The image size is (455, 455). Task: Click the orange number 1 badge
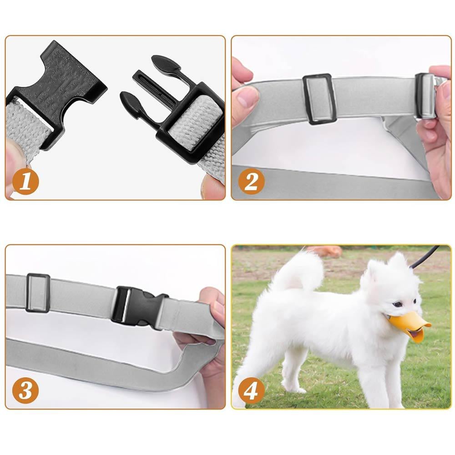tap(25, 182)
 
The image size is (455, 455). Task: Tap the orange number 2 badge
tap(251, 182)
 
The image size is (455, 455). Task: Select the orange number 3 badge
tap(25, 390)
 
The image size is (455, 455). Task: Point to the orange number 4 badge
tap(251, 390)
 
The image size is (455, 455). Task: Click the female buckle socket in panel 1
tap(58, 87)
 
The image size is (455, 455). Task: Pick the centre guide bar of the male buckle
tap(155, 87)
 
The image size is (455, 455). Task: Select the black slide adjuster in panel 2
tap(319, 99)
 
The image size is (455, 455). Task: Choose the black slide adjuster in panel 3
tap(38, 293)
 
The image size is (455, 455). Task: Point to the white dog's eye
tap(398, 304)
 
